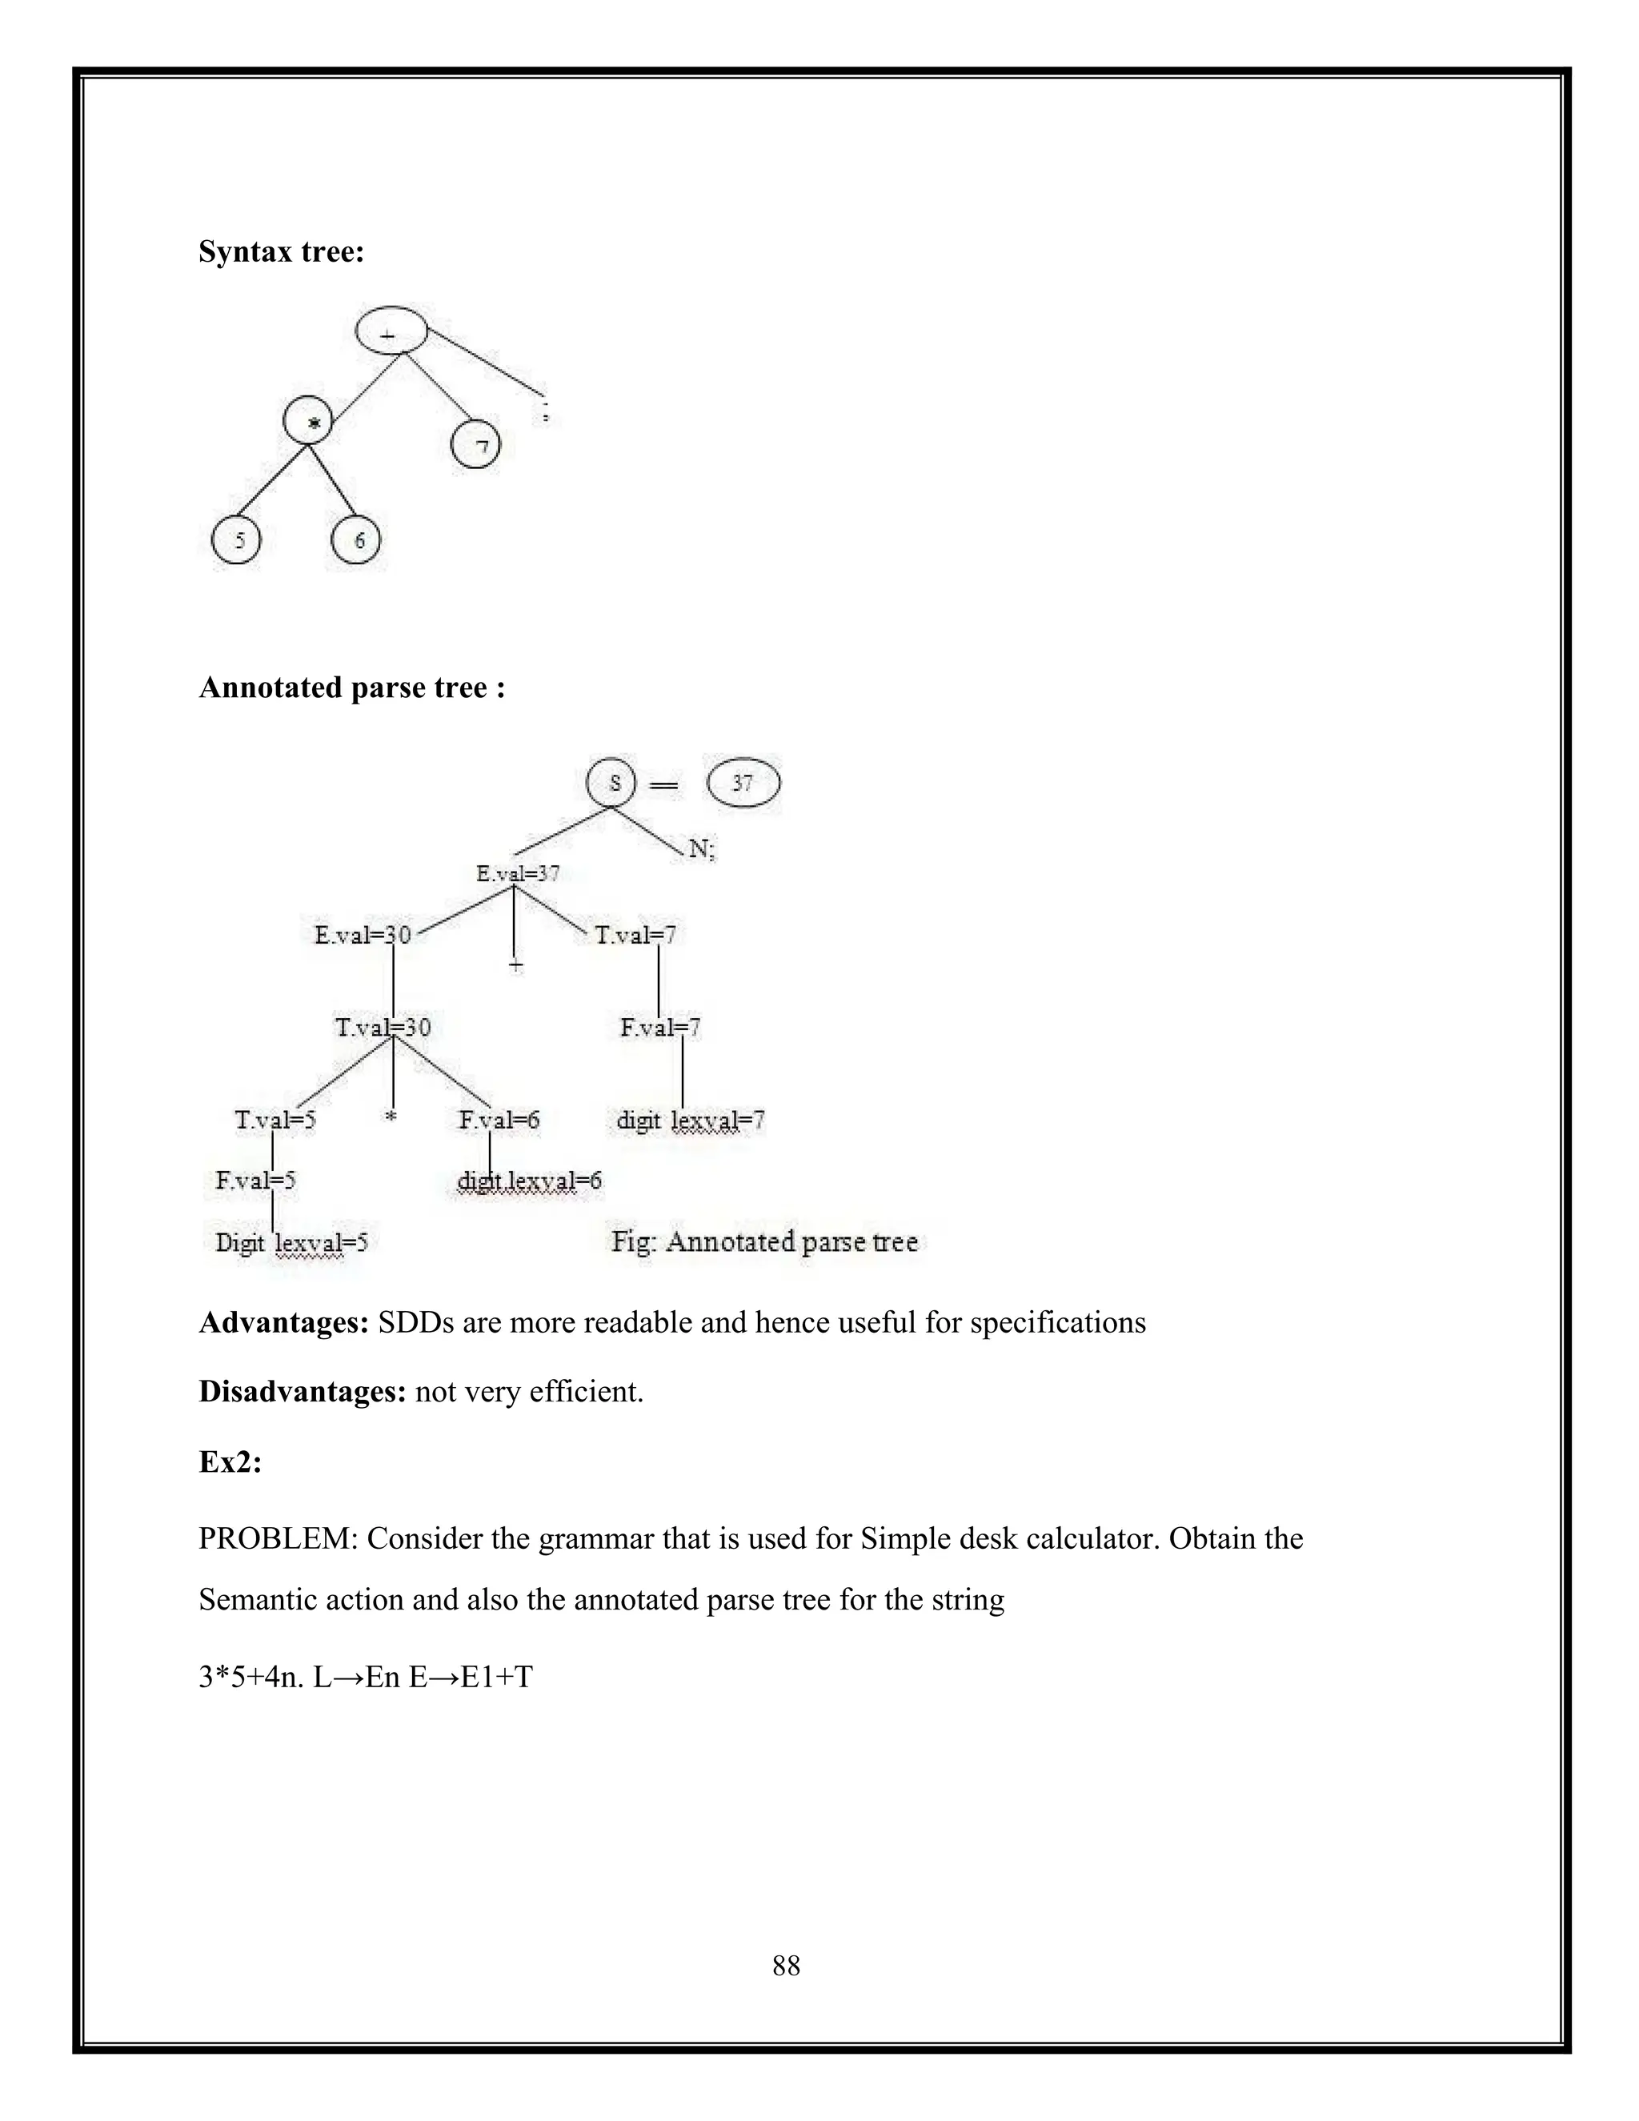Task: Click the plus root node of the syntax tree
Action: coord(391,332)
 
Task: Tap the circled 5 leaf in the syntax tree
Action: coord(236,541)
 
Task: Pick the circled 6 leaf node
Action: coord(356,540)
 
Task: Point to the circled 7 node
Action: coord(476,445)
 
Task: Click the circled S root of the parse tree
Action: coord(611,782)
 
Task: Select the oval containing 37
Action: coord(743,783)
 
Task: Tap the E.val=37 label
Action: coord(518,873)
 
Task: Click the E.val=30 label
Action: coord(363,934)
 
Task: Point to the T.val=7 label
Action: coord(635,934)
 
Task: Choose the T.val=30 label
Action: coord(383,1027)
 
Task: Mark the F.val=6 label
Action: coord(499,1120)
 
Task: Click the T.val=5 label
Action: coord(276,1120)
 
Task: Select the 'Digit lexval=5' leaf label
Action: coord(291,1242)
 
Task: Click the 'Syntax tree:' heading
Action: coord(282,252)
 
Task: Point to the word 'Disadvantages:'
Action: coord(302,1392)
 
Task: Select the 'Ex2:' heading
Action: coord(230,1461)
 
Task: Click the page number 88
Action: coord(786,1966)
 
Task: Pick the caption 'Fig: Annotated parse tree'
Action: coord(764,1241)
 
